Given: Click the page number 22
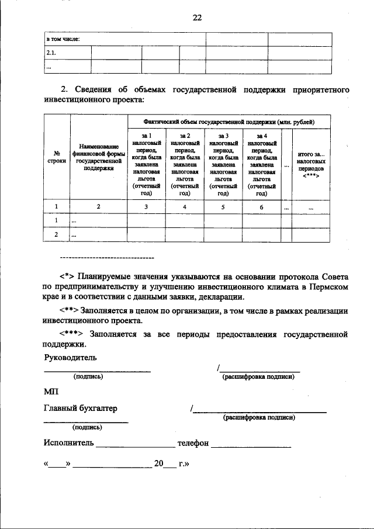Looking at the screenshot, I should click(197, 18).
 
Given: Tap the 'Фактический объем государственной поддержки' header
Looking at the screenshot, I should click(228, 122).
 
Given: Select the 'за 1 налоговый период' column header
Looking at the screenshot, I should click(146, 164).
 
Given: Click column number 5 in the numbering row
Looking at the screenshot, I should click(223, 207).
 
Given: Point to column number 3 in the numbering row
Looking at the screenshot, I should click(146, 207).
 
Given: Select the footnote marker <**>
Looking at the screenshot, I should click(68, 310).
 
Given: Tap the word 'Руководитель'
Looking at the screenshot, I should click(70, 357).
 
